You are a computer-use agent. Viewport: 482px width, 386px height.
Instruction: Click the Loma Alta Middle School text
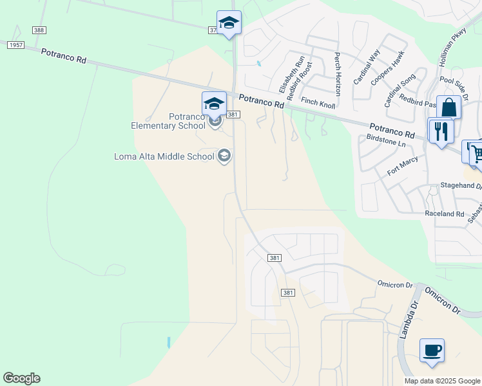164,156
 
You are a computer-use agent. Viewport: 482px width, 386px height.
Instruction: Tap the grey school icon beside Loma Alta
224,156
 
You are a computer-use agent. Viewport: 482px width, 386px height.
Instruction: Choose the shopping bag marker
448,107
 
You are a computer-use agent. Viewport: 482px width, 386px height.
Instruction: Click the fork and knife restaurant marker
441,132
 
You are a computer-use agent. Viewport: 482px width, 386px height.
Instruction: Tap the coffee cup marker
432,351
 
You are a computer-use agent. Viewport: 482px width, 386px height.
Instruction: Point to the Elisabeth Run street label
291,74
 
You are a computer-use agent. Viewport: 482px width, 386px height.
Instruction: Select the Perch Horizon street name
336,75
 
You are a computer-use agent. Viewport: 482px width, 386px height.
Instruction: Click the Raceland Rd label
444,214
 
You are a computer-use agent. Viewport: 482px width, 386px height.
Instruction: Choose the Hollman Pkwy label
452,49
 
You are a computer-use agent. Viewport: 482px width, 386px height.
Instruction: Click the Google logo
21,378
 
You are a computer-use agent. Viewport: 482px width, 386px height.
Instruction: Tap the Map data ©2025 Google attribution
442,381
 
